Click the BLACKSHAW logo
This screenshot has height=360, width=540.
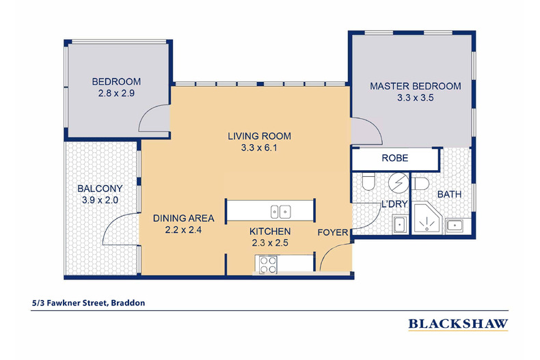tap(458, 324)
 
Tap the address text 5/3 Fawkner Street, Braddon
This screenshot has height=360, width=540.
tap(88, 303)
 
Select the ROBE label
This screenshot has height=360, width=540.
tap(395, 158)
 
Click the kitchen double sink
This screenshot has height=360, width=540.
tap(280, 212)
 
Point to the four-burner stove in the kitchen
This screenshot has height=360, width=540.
tap(268, 264)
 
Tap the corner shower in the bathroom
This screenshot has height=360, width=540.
tap(428, 218)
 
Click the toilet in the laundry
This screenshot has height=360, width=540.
tap(368, 182)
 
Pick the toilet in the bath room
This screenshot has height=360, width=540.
tap(421, 184)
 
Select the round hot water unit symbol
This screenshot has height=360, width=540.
tap(399, 182)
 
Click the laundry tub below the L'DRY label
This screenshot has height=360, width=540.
tap(400, 225)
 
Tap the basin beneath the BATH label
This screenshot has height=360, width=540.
tap(455, 226)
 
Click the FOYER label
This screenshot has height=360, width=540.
tap(333, 233)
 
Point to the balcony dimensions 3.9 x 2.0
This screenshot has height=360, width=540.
tap(100, 200)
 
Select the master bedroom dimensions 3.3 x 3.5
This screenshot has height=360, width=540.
tap(416, 98)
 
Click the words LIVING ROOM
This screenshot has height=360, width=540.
tap(259, 137)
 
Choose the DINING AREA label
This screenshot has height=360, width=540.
tap(184, 218)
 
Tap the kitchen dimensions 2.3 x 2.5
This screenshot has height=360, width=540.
tap(270, 243)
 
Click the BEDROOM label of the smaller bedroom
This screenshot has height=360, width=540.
tap(116, 81)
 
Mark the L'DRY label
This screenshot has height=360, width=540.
tap(394, 204)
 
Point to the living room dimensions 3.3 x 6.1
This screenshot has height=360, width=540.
tap(259, 148)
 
